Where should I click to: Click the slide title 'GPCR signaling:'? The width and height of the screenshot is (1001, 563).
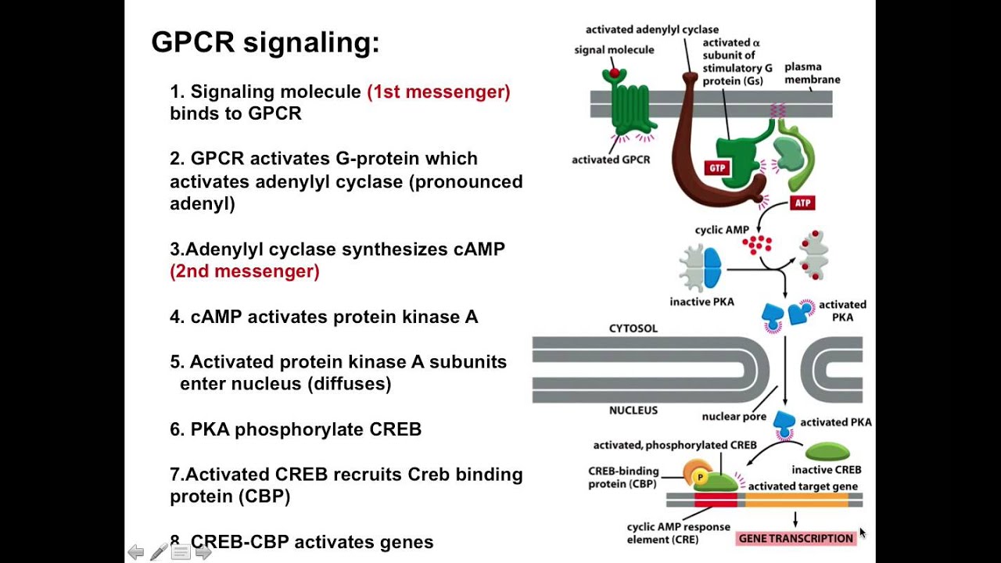(x=265, y=42)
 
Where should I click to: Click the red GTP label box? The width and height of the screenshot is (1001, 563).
(x=716, y=168)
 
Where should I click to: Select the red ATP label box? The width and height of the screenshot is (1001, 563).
(x=802, y=203)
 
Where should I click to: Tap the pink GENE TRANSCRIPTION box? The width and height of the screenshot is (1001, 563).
(x=796, y=538)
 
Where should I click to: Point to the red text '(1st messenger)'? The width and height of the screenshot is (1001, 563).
(x=439, y=91)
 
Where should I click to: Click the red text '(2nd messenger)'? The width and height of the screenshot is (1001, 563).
(x=245, y=271)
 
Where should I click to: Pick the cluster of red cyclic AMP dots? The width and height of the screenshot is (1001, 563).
(x=757, y=244)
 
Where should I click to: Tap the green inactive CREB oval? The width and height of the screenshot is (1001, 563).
(x=827, y=452)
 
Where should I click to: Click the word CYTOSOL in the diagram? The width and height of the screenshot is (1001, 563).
(x=633, y=328)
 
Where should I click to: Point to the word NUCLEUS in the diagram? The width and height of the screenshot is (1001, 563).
(x=633, y=411)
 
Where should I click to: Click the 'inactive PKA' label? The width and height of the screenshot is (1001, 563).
(x=701, y=302)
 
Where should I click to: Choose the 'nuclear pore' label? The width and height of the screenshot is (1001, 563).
(x=734, y=417)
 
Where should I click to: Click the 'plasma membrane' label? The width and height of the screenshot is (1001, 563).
(x=813, y=73)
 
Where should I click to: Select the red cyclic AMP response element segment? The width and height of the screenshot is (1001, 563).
(x=716, y=500)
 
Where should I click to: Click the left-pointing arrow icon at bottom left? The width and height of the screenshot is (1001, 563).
(x=136, y=553)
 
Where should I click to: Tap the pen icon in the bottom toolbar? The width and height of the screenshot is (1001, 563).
(x=159, y=552)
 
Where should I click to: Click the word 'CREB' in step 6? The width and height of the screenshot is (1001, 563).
(x=395, y=429)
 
